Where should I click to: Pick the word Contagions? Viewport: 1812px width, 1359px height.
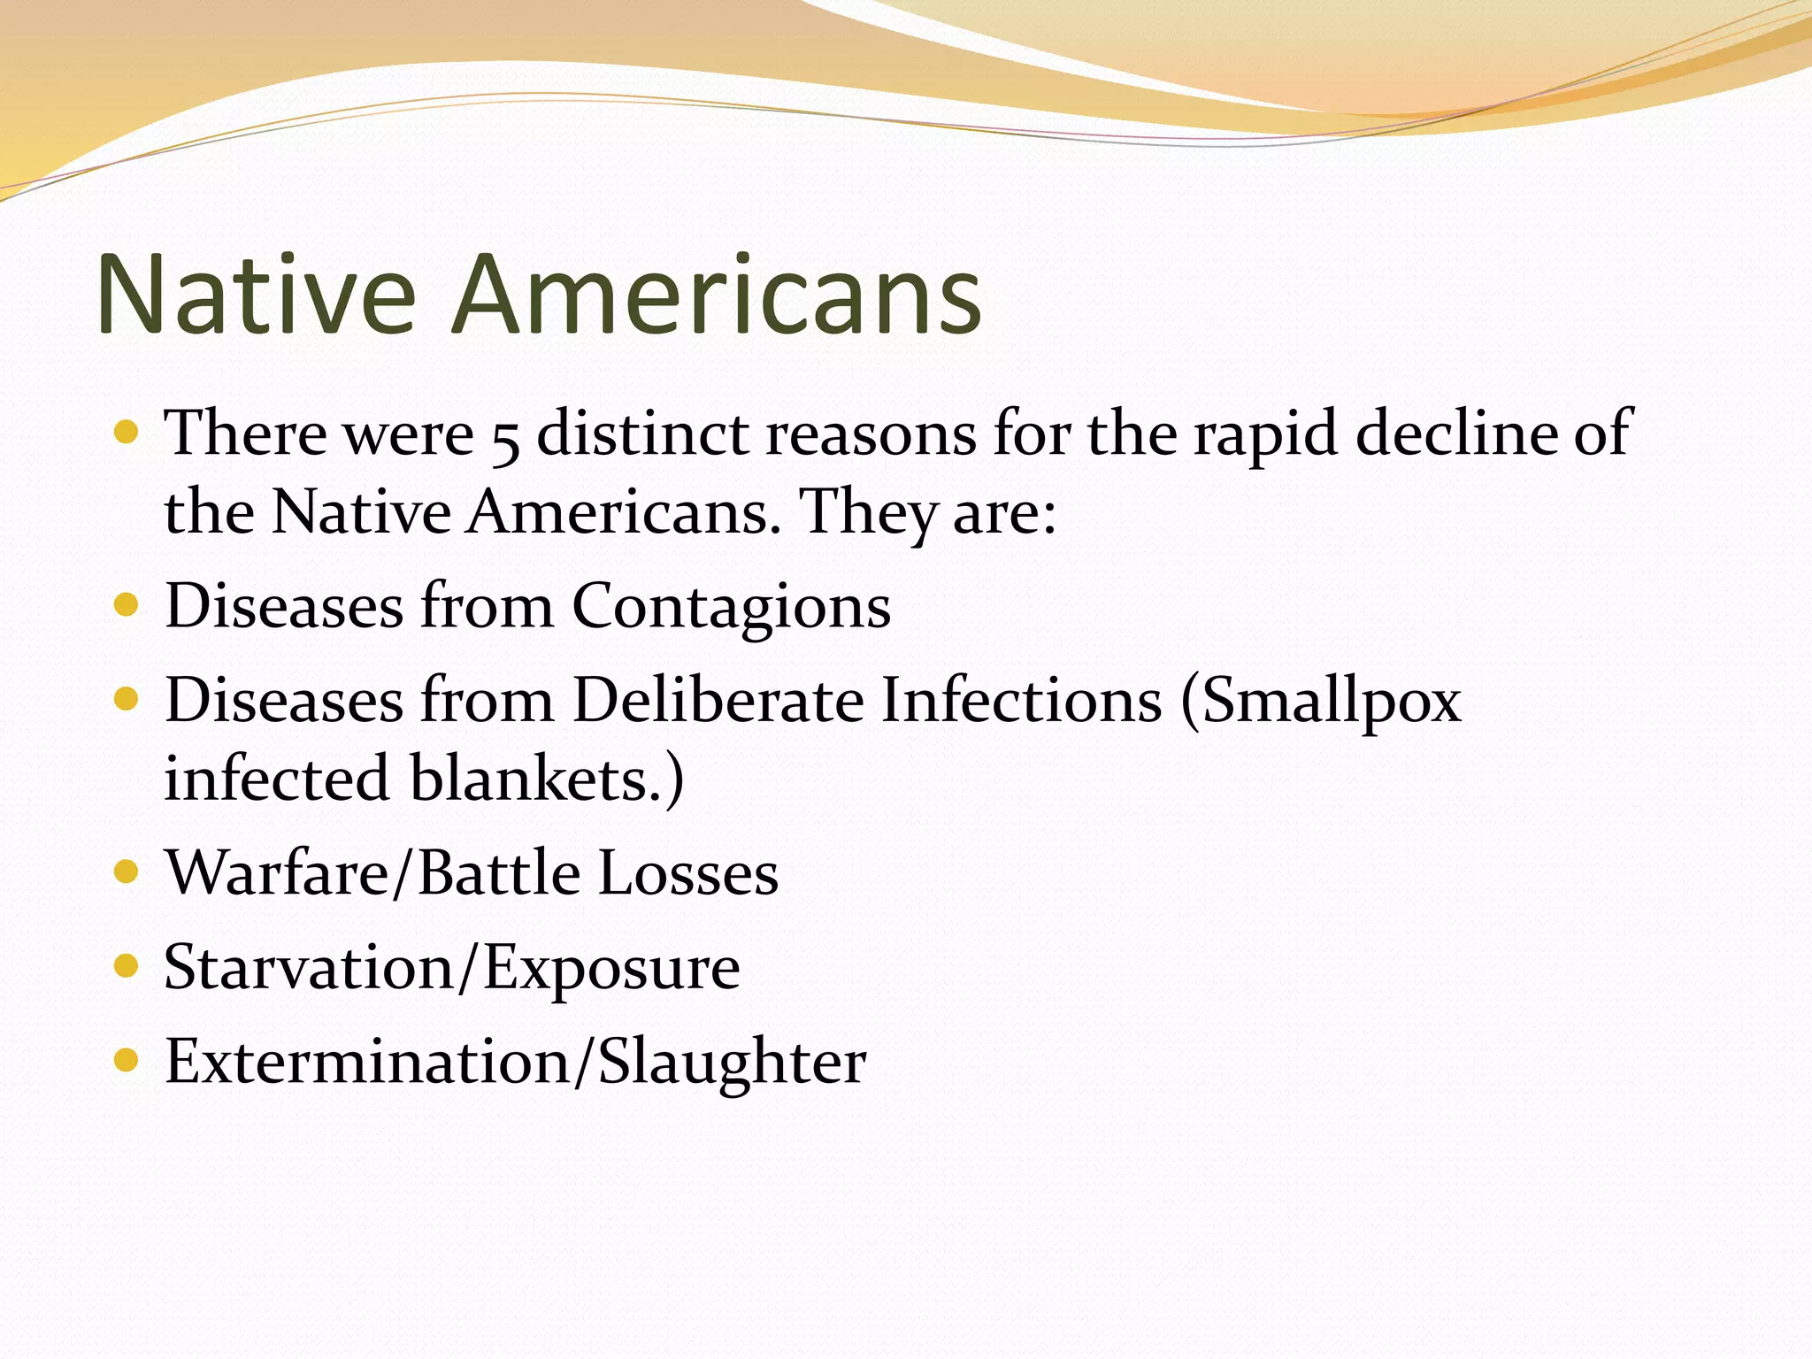tap(732, 608)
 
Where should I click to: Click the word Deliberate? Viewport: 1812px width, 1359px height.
tap(718, 701)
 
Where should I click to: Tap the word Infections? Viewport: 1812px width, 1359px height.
tap(1021, 701)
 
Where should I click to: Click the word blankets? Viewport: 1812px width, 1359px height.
tap(544, 779)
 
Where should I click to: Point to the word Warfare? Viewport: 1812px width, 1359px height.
tap(277, 873)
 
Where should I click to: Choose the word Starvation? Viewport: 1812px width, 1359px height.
tap(309, 967)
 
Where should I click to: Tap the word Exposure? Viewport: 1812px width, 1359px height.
tap(611, 969)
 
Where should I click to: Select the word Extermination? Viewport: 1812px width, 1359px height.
tap(367, 1061)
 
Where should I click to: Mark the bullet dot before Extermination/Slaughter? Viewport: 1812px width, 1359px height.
tap(127, 1060)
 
